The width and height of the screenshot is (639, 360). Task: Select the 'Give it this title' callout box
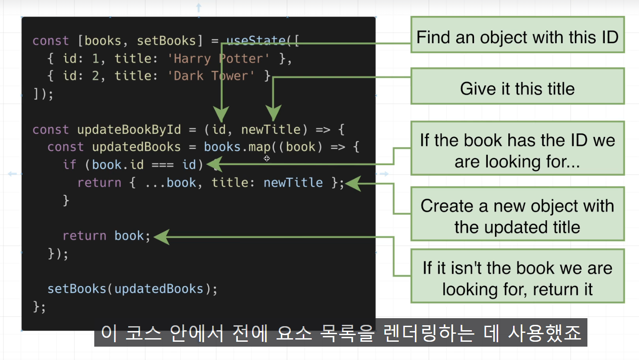[x=517, y=88]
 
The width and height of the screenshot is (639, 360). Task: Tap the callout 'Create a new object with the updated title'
[x=517, y=216]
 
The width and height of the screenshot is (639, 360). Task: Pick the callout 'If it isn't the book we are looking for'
[x=517, y=279]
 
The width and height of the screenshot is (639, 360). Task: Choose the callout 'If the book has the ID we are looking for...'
[x=517, y=150]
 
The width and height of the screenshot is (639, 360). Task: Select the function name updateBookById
[x=129, y=130]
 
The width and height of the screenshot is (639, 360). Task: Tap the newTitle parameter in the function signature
[x=271, y=130]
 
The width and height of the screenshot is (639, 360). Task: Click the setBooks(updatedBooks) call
[x=132, y=289]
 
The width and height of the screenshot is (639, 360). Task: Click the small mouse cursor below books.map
[x=267, y=158]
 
